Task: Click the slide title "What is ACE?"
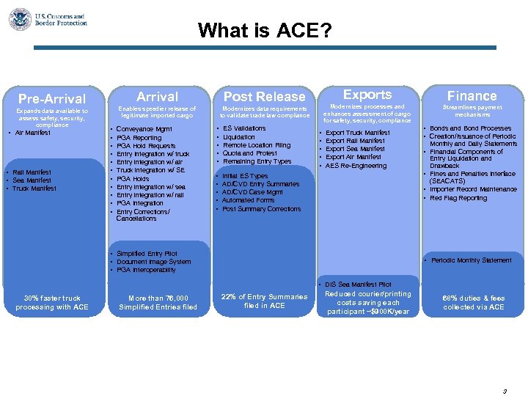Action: [x=264, y=31]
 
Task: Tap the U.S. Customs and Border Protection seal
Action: [x=20, y=19]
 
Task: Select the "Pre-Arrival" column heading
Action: [x=51, y=98]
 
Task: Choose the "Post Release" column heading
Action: [x=264, y=97]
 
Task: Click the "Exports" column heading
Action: [x=367, y=95]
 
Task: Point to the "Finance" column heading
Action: [x=472, y=96]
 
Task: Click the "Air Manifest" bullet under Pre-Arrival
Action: [x=35, y=133]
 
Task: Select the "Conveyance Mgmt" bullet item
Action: [x=144, y=129]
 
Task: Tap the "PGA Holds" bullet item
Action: [x=133, y=179]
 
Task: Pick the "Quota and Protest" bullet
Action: [x=249, y=153]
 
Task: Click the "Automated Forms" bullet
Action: [x=248, y=200]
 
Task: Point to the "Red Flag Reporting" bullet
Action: [x=458, y=198]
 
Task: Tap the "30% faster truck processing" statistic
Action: [x=51, y=302]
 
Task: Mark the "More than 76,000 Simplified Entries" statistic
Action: [x=157, y=302]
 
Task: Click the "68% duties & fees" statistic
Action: [x=473, y=302]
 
